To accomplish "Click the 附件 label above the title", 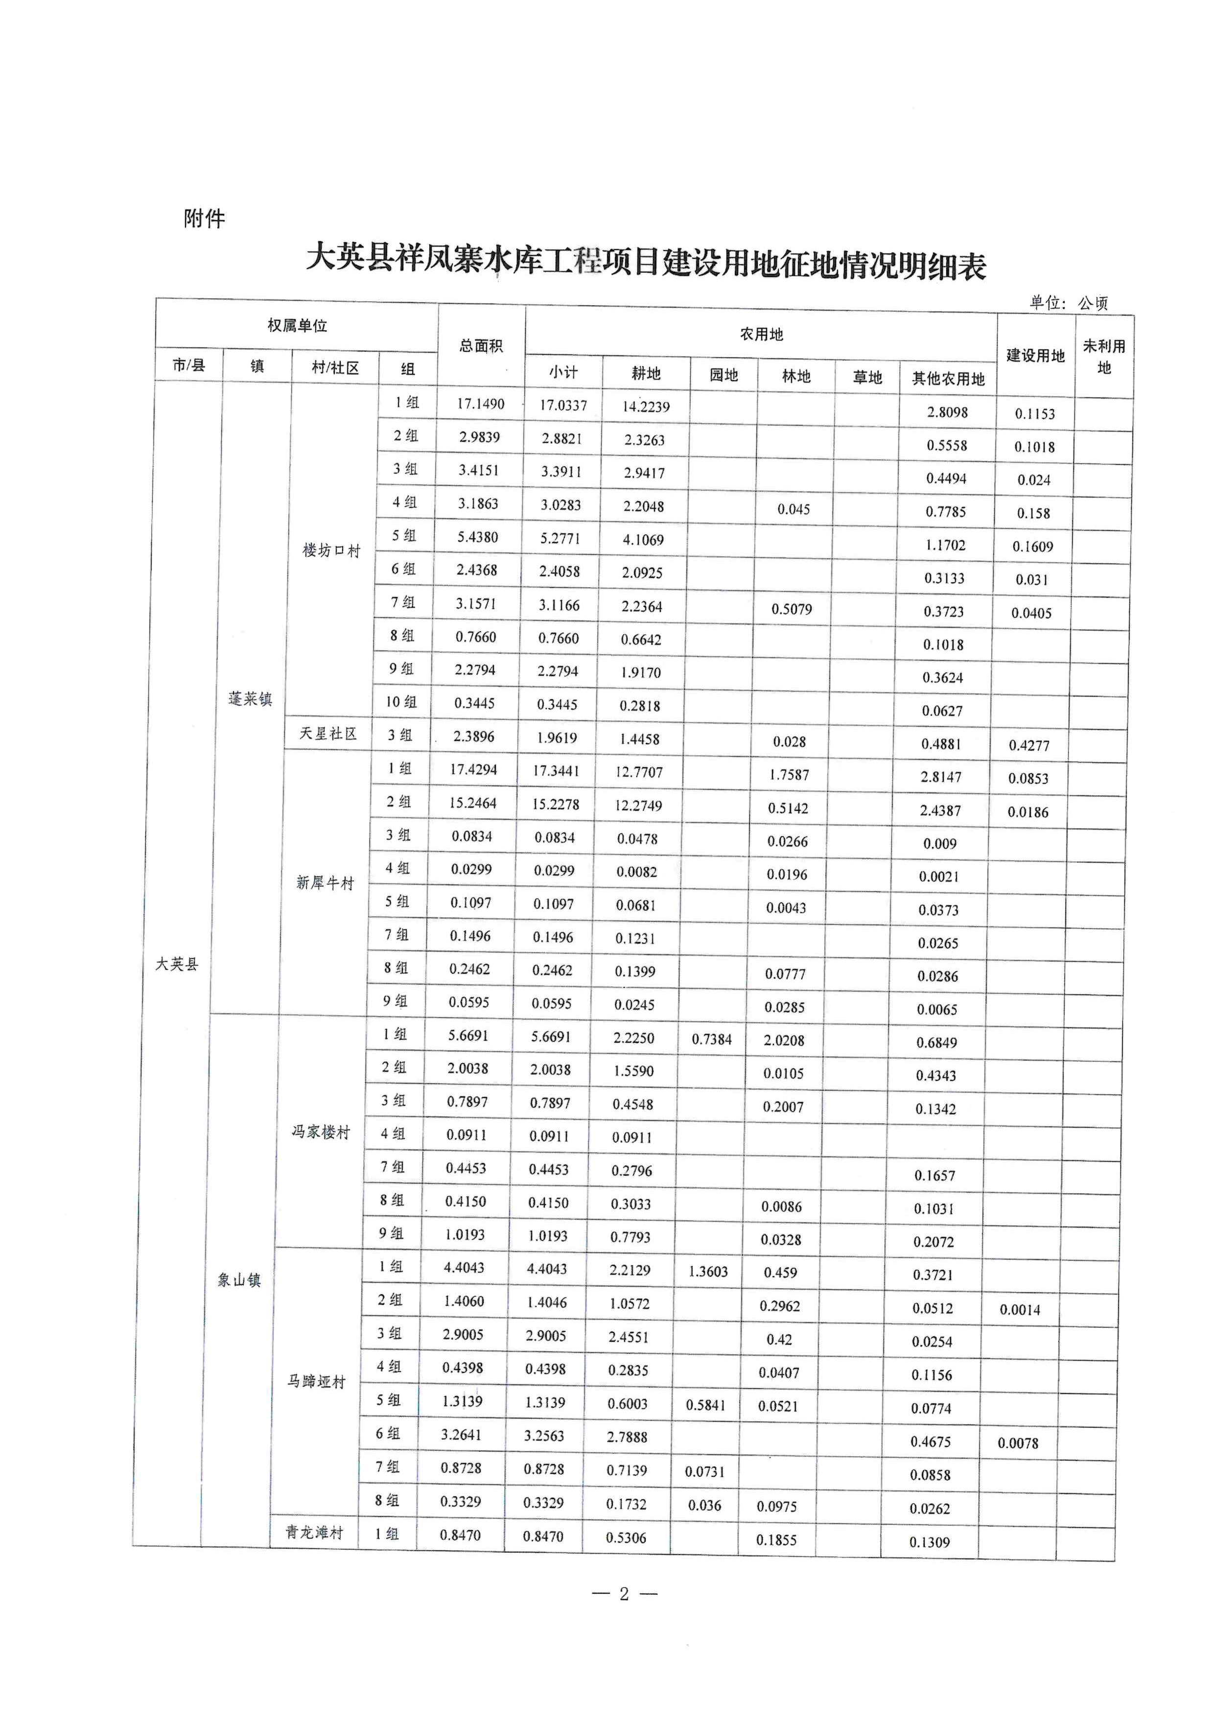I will point(204,219).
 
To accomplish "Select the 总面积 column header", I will point(481,346).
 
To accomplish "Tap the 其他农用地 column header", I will point(948,379).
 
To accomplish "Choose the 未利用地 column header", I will point(1104,357).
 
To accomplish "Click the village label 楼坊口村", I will point(331,551).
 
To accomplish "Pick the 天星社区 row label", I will point(328,734).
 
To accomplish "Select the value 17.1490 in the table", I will point(481,404).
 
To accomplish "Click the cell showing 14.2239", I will point(646,407).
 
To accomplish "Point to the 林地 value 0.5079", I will point(792,609).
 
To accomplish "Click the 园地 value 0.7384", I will point(712,1039).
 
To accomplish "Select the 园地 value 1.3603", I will point(708,1271).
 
